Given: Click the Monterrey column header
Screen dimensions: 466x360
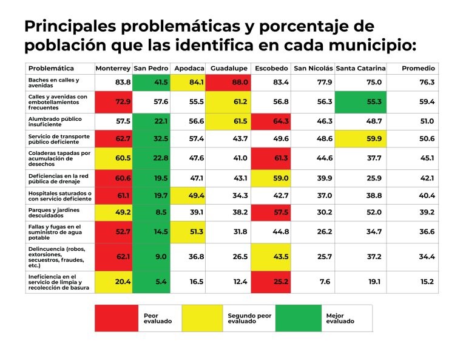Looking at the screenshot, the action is pyautogui.click(x=113, y=69).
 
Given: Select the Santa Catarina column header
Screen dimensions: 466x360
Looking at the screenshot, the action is pyautogui.click(x=360, y=69).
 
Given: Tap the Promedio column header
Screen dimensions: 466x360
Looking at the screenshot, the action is pyautogui.click(x=418, y=69).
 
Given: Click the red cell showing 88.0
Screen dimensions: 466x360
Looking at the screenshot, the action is pyautogui.click(x=228, y=83).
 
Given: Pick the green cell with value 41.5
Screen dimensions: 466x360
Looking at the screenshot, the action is pyautogui.click(x=151, y=83).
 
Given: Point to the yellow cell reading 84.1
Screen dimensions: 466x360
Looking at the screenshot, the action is pyautogui.click(x=187, y=83).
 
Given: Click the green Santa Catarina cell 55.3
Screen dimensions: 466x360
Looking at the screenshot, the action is pyautogui.click(x=360, y=102).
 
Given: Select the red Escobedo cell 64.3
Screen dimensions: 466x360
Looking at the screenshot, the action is pyautogui.click(x=271, y=121).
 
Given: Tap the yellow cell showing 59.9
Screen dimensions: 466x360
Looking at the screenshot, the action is pyautogui.click(x=360, y=139).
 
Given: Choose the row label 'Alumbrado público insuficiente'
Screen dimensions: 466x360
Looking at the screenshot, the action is pyautogui.click(x=55, y=121).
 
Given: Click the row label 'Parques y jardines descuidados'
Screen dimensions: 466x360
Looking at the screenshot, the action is pyautogui.click(x=54, y=212).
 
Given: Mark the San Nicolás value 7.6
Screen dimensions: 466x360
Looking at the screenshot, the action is pyautogui.click(x=325, y=282).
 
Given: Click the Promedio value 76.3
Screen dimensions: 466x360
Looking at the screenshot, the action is pyautogui.click(x=427, y=82).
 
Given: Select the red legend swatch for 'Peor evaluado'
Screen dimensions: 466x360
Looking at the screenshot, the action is pyautogui.click(x=116, y=318).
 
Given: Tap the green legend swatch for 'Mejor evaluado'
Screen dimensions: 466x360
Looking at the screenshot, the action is pyautogui.click(x=299, y=318).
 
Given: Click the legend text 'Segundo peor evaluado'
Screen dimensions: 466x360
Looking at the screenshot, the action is pyautogui.click(x=249, y=318).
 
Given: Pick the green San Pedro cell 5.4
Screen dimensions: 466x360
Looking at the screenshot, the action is pyautogui.click(x=151, y=282).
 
